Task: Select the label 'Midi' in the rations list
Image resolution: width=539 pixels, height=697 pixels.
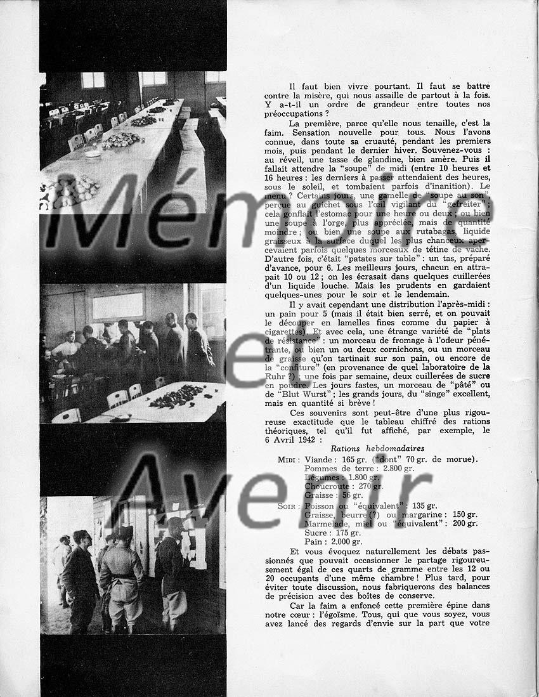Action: tap(289, 459)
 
